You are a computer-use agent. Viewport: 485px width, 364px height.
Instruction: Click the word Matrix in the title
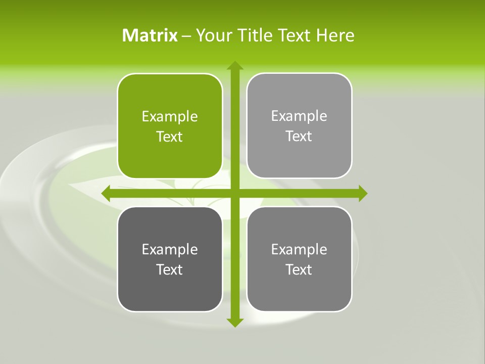point(150,35)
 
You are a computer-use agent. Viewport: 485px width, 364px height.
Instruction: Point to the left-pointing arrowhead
point(106,193)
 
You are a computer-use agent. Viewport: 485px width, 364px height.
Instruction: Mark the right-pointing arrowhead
point(362,193)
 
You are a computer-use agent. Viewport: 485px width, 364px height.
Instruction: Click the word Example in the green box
point(170,117)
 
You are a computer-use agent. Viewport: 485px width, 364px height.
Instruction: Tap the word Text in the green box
point(169,136)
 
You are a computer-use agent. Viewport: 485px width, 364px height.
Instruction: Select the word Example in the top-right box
point(299,116)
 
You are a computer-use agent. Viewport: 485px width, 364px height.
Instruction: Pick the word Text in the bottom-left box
point(169,269)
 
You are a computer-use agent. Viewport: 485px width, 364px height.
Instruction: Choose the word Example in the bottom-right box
point(299,249)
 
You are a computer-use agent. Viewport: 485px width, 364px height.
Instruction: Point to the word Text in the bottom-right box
point(299,269)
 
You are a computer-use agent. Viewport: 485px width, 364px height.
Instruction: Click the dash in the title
point(186,36)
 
